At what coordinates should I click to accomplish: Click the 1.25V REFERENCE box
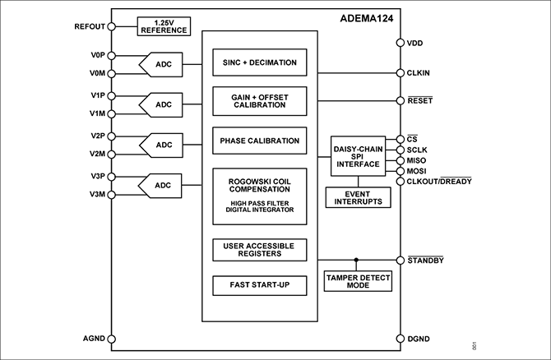164,27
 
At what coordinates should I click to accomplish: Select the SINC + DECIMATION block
259,62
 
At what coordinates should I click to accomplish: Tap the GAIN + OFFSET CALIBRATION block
259,101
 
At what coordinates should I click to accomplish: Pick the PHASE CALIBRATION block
259,141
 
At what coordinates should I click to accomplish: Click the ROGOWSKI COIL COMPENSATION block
259,196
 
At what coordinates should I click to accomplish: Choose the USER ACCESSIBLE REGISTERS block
259,249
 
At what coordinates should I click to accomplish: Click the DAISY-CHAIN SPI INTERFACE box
358,156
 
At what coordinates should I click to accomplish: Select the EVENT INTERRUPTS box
358,197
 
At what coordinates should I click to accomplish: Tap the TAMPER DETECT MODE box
358,282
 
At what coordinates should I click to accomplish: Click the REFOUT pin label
90,26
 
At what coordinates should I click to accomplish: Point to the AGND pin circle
112,339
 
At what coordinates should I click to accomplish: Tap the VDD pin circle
399,43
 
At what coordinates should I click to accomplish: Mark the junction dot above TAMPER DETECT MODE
357,260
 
